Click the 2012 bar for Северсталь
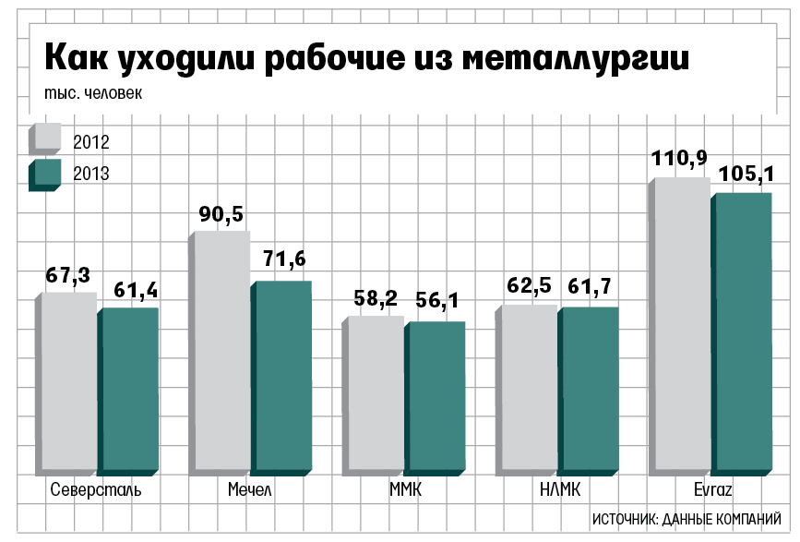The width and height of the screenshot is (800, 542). pos(67,383)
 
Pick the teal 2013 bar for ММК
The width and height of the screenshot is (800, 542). pos(435,397)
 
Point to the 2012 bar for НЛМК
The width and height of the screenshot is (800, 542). pos(527,388)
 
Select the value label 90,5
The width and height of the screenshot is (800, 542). pos(221,214)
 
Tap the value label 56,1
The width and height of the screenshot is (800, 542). pos(441,300)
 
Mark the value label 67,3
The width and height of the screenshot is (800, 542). pos(67,275)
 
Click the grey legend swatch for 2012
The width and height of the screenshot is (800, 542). pos(45,139)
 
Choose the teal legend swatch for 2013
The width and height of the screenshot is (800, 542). pos(45,173)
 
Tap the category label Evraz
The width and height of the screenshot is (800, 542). pos(711,489)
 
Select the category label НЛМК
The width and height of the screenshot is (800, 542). pos(558,489)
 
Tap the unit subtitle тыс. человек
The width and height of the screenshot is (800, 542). pos(93,92)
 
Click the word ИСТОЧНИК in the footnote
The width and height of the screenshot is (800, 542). pos(622,518)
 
